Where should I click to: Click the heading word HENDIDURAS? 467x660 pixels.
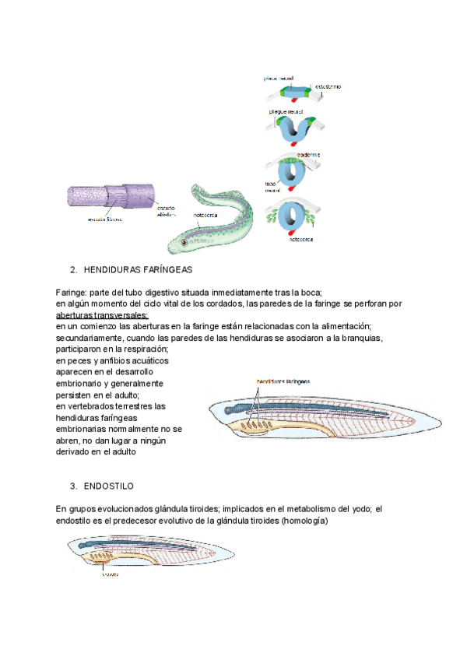[x=112, y=270]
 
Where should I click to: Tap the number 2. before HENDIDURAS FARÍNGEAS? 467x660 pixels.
[x=73, y=270]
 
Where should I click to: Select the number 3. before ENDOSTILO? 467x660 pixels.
[x=73, y=486]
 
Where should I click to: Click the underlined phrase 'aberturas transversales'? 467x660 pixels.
[x=102, y=315]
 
